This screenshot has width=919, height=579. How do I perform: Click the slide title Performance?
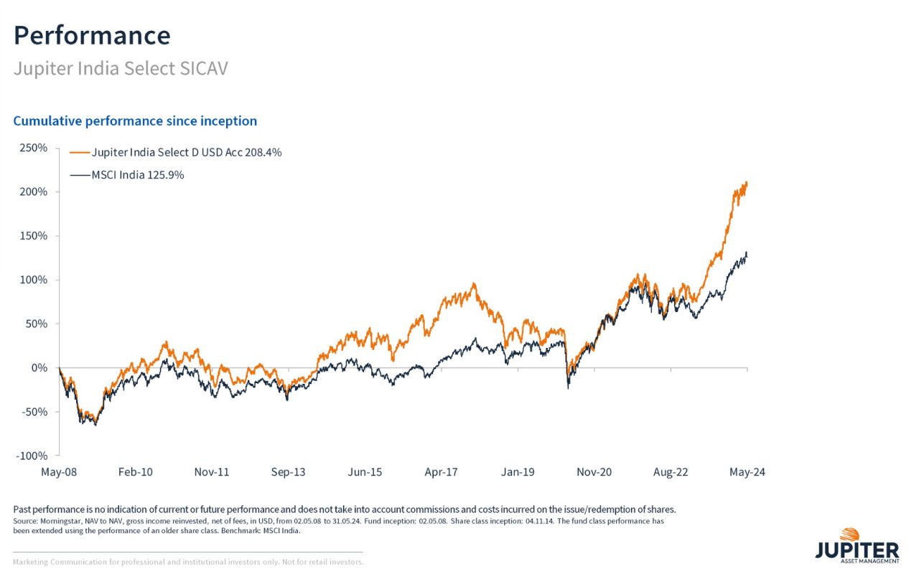coord(92,35)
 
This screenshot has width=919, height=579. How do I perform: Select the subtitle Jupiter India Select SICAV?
coord(121,70)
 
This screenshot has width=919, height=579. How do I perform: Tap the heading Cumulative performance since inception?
coord(135,121)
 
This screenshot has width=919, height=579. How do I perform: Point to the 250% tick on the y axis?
coord(32,148)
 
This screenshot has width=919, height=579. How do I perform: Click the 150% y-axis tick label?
coord(32,236)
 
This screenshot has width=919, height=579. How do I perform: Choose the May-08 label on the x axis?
coord(60,472)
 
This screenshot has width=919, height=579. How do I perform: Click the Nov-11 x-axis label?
coord(212,472)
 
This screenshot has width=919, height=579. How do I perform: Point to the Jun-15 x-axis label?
coord(365,472)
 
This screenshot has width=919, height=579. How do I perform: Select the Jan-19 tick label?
coord(518,472)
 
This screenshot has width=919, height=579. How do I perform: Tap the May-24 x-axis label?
coord(747,472)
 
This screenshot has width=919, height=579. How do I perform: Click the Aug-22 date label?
coord(671,472)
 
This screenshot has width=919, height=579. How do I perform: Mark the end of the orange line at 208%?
coord(747,183)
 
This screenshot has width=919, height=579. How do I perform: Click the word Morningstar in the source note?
coord(60,521)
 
